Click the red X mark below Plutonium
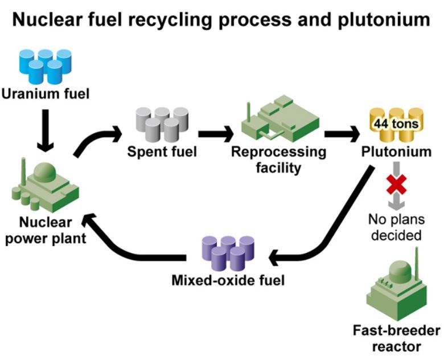(394, 185)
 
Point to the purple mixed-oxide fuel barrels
(227, 253)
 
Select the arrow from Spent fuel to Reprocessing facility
(215, 135)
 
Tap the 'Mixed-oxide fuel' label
(227, 280)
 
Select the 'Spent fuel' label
(162, 152)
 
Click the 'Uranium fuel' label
(45, 93)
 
